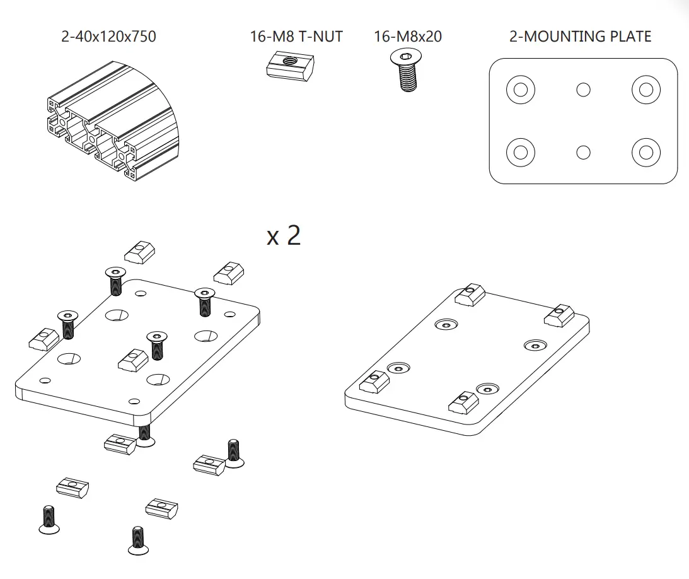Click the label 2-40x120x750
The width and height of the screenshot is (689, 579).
tap(108, 37)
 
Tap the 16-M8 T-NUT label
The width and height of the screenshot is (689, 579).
tap(296, 37)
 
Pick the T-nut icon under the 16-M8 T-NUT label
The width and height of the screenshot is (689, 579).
tap(289, 66)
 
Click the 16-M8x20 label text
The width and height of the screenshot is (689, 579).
tap(408, 37)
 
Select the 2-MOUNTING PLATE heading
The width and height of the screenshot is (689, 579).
tap(580, 37)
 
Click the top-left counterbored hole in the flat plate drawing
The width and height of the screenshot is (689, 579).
tap(520, 90)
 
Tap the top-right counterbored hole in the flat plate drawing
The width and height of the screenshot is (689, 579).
tap(646, 90)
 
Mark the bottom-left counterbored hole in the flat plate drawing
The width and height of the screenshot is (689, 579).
tap(520, 152)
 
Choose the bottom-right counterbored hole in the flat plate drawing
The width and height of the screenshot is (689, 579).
tap(646, 152)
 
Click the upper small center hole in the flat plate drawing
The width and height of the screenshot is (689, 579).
tap(583, 90)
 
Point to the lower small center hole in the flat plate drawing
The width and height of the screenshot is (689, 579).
tap(583, 152)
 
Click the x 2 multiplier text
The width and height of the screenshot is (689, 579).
tap(284, 235)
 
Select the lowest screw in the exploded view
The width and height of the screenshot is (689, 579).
tap(138, 541)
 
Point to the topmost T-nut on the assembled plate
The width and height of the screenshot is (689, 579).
tap(469, 295)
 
